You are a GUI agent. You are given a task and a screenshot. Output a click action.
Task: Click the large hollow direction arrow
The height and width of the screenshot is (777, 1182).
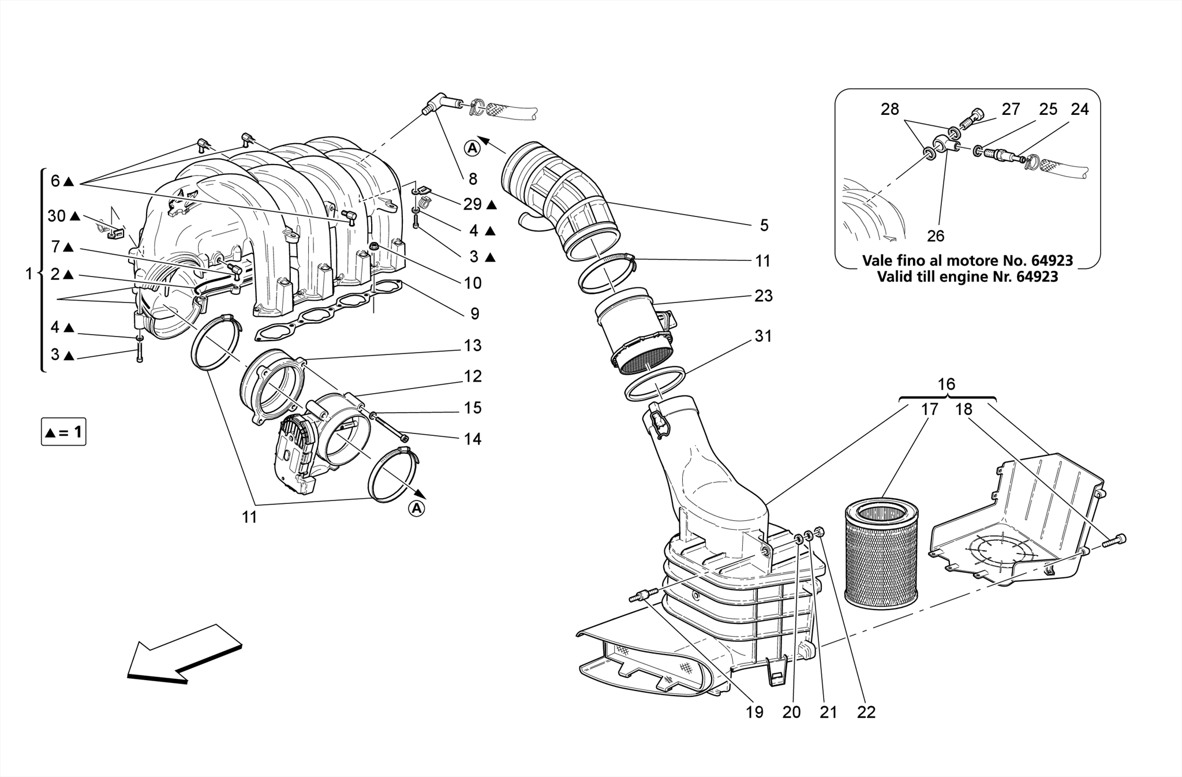coord(184,654)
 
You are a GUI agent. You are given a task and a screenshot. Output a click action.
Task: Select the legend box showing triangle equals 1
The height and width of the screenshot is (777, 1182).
coord(63,432)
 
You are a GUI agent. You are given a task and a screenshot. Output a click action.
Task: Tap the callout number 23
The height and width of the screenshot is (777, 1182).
coord(763,296)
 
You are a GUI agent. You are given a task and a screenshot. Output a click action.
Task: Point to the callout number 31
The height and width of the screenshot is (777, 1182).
coord(763,336)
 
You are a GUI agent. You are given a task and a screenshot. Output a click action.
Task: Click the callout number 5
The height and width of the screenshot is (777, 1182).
coord(764,226)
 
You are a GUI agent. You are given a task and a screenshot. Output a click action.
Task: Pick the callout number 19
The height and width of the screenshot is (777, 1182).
coord(754,712)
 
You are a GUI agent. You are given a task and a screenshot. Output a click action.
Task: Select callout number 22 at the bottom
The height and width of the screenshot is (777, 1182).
coord(866,712)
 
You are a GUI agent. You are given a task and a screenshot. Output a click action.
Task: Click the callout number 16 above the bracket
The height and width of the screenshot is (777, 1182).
coord(946,384)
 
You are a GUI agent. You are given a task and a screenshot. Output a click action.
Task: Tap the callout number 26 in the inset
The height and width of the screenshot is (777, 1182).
coord(936,236)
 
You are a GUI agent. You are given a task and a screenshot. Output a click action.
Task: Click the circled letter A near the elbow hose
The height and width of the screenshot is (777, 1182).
coord(472,148)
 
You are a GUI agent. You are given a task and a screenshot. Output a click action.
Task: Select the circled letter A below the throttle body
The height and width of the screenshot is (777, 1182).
coord(416,509)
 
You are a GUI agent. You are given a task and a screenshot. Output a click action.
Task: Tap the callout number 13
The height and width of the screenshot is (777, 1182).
coord(472,346)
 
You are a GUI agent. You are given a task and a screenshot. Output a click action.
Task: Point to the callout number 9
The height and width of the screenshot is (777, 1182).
coord(474,314)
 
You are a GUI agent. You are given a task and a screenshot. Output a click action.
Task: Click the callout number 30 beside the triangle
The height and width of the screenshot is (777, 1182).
coord(57,216)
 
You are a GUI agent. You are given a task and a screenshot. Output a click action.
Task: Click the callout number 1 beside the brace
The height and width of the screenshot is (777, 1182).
coord(29,274)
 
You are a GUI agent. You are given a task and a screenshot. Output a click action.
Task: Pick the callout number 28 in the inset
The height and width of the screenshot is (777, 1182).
coord(889,109)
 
